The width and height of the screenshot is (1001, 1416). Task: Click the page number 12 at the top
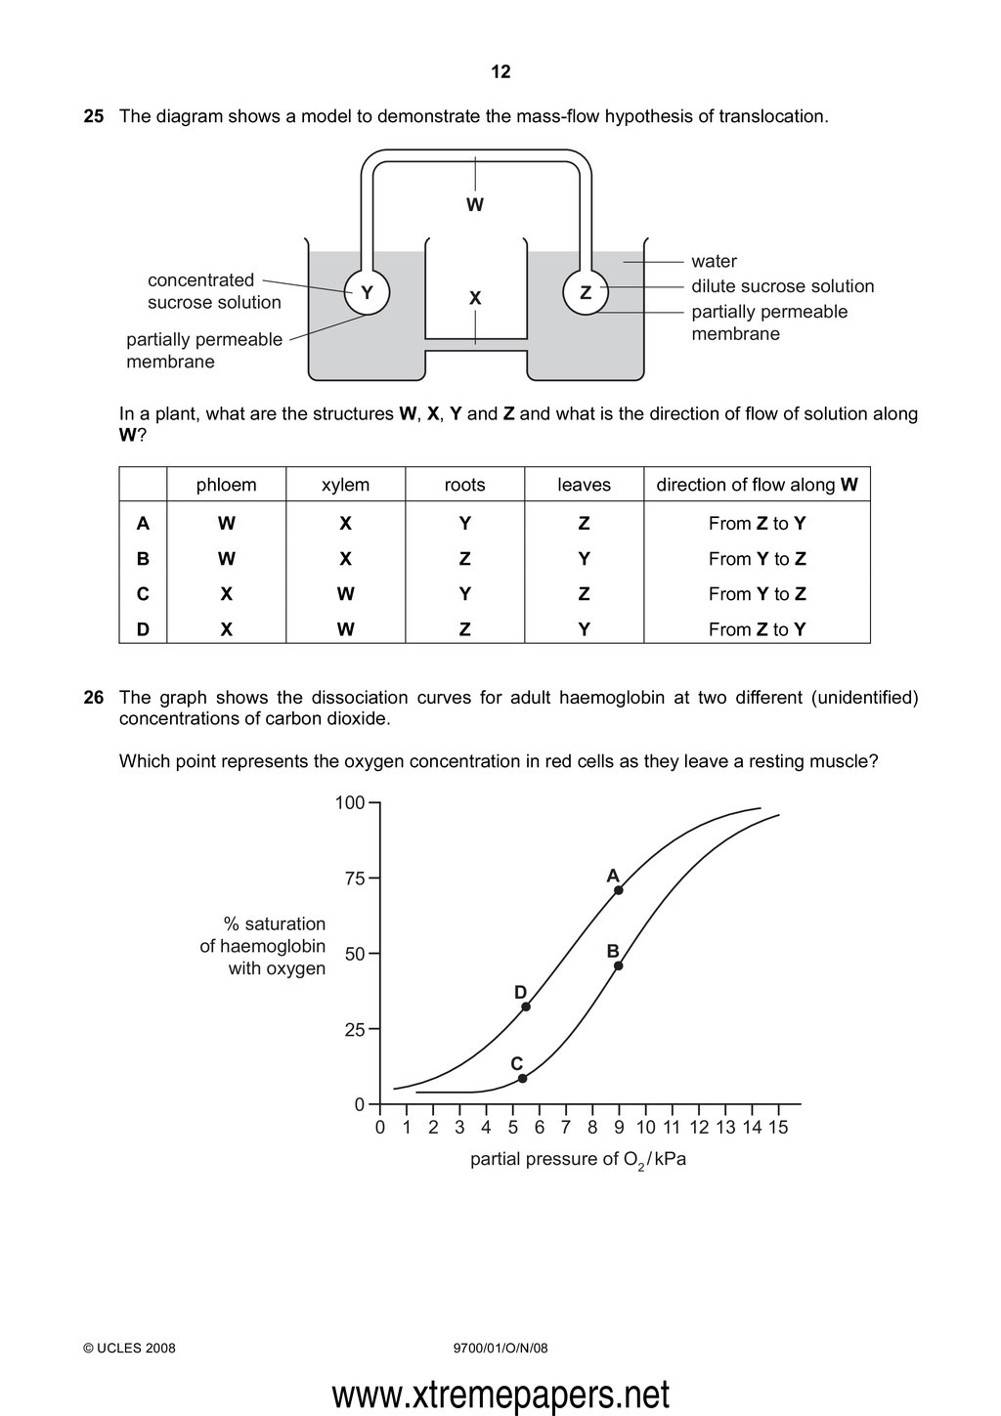[x=500, y=71]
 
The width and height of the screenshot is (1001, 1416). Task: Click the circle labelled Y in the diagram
[x=368, y=293]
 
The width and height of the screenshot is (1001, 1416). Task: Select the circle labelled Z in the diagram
[x=586, y=293]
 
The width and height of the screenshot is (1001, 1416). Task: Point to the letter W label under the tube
[x=475, y=205]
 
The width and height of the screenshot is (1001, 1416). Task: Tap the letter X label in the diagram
[x=475, y=298]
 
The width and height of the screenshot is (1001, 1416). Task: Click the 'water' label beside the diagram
[x=714, y=261]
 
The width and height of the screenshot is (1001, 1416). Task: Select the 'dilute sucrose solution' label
[x=782, y=286]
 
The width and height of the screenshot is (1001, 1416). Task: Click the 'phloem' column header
[x=226, y=485]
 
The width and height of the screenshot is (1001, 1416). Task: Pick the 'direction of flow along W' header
[x=757, y=485]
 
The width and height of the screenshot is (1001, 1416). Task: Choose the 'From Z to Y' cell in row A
[x=757, y=524]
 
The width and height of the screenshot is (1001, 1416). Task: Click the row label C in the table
[x=143, y=594]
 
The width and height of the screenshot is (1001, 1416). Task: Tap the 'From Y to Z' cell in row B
[x=757, y=559]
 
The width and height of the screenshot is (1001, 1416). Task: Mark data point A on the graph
[x=619, y=890]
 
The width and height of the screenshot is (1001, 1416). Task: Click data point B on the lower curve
[x=619, y=965]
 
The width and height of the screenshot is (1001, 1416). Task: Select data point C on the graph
[x=523, y=1078]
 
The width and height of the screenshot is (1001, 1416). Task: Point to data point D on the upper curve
[x=526, y=1007]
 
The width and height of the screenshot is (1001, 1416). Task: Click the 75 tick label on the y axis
[x=353, y=879]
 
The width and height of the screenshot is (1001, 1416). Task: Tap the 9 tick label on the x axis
[x=619, y=1128]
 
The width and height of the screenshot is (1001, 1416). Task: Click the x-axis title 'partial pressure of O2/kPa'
[x=578, y=1160]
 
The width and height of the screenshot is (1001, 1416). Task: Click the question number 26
[x=94, y=698]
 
